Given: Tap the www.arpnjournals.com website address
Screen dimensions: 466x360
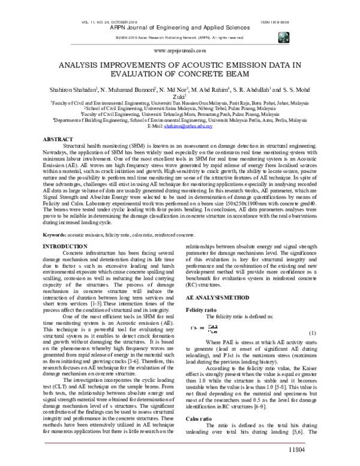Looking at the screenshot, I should [x=179, y=52].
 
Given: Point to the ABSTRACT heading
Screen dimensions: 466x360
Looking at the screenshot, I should [x=58, y=139].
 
